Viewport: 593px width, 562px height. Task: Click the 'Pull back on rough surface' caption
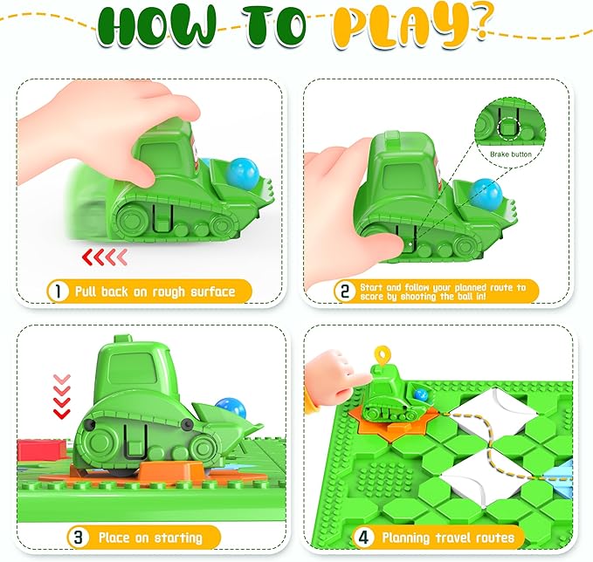166,291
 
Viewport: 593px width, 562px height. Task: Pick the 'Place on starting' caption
149,536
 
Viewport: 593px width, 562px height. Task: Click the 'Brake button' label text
510,154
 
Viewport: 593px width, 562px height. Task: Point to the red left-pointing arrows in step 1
105,256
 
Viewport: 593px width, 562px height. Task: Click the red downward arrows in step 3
60,398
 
